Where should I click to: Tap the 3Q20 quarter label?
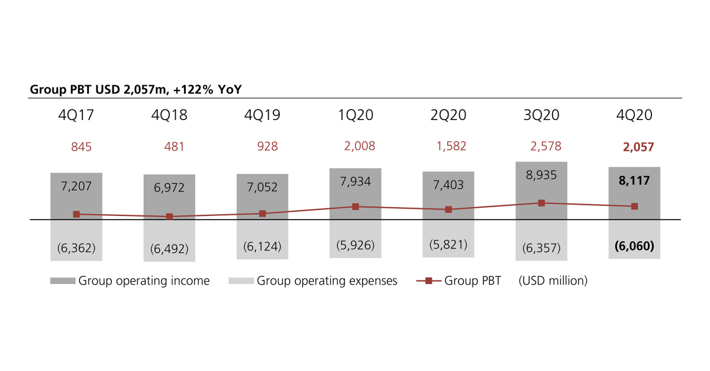[x=541, y=115]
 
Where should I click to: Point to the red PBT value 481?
[x=175, y=146]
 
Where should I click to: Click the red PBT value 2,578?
[x=541, y=146]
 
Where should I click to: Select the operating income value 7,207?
[x=76, y=185]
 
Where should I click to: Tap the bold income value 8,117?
[x=635, y=181]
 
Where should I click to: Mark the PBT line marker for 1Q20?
[x=356, y=207]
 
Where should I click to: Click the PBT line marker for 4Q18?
[x=170, y=217]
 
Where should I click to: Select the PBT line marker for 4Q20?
[x=634, y=206]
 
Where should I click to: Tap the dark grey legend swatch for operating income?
[x=63, y=281]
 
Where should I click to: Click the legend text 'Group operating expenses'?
[x=327, y=281]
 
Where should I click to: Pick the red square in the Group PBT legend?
[x=430, y=281]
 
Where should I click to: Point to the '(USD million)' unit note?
[x=553, y=281]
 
